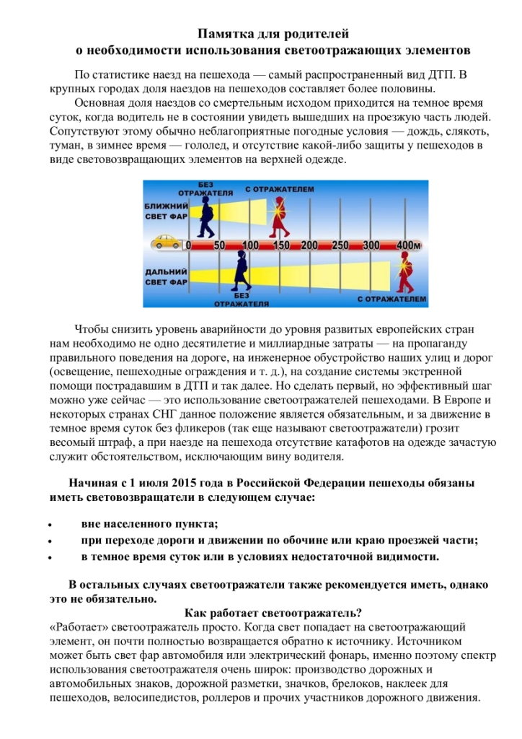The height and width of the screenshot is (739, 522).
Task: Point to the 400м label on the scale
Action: click(409, 245)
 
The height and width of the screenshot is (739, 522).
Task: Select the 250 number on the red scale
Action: click(340, 245)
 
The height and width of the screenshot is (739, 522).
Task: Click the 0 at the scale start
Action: click(189, 245)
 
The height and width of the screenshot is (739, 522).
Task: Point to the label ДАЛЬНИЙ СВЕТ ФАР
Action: click(166, 276)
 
